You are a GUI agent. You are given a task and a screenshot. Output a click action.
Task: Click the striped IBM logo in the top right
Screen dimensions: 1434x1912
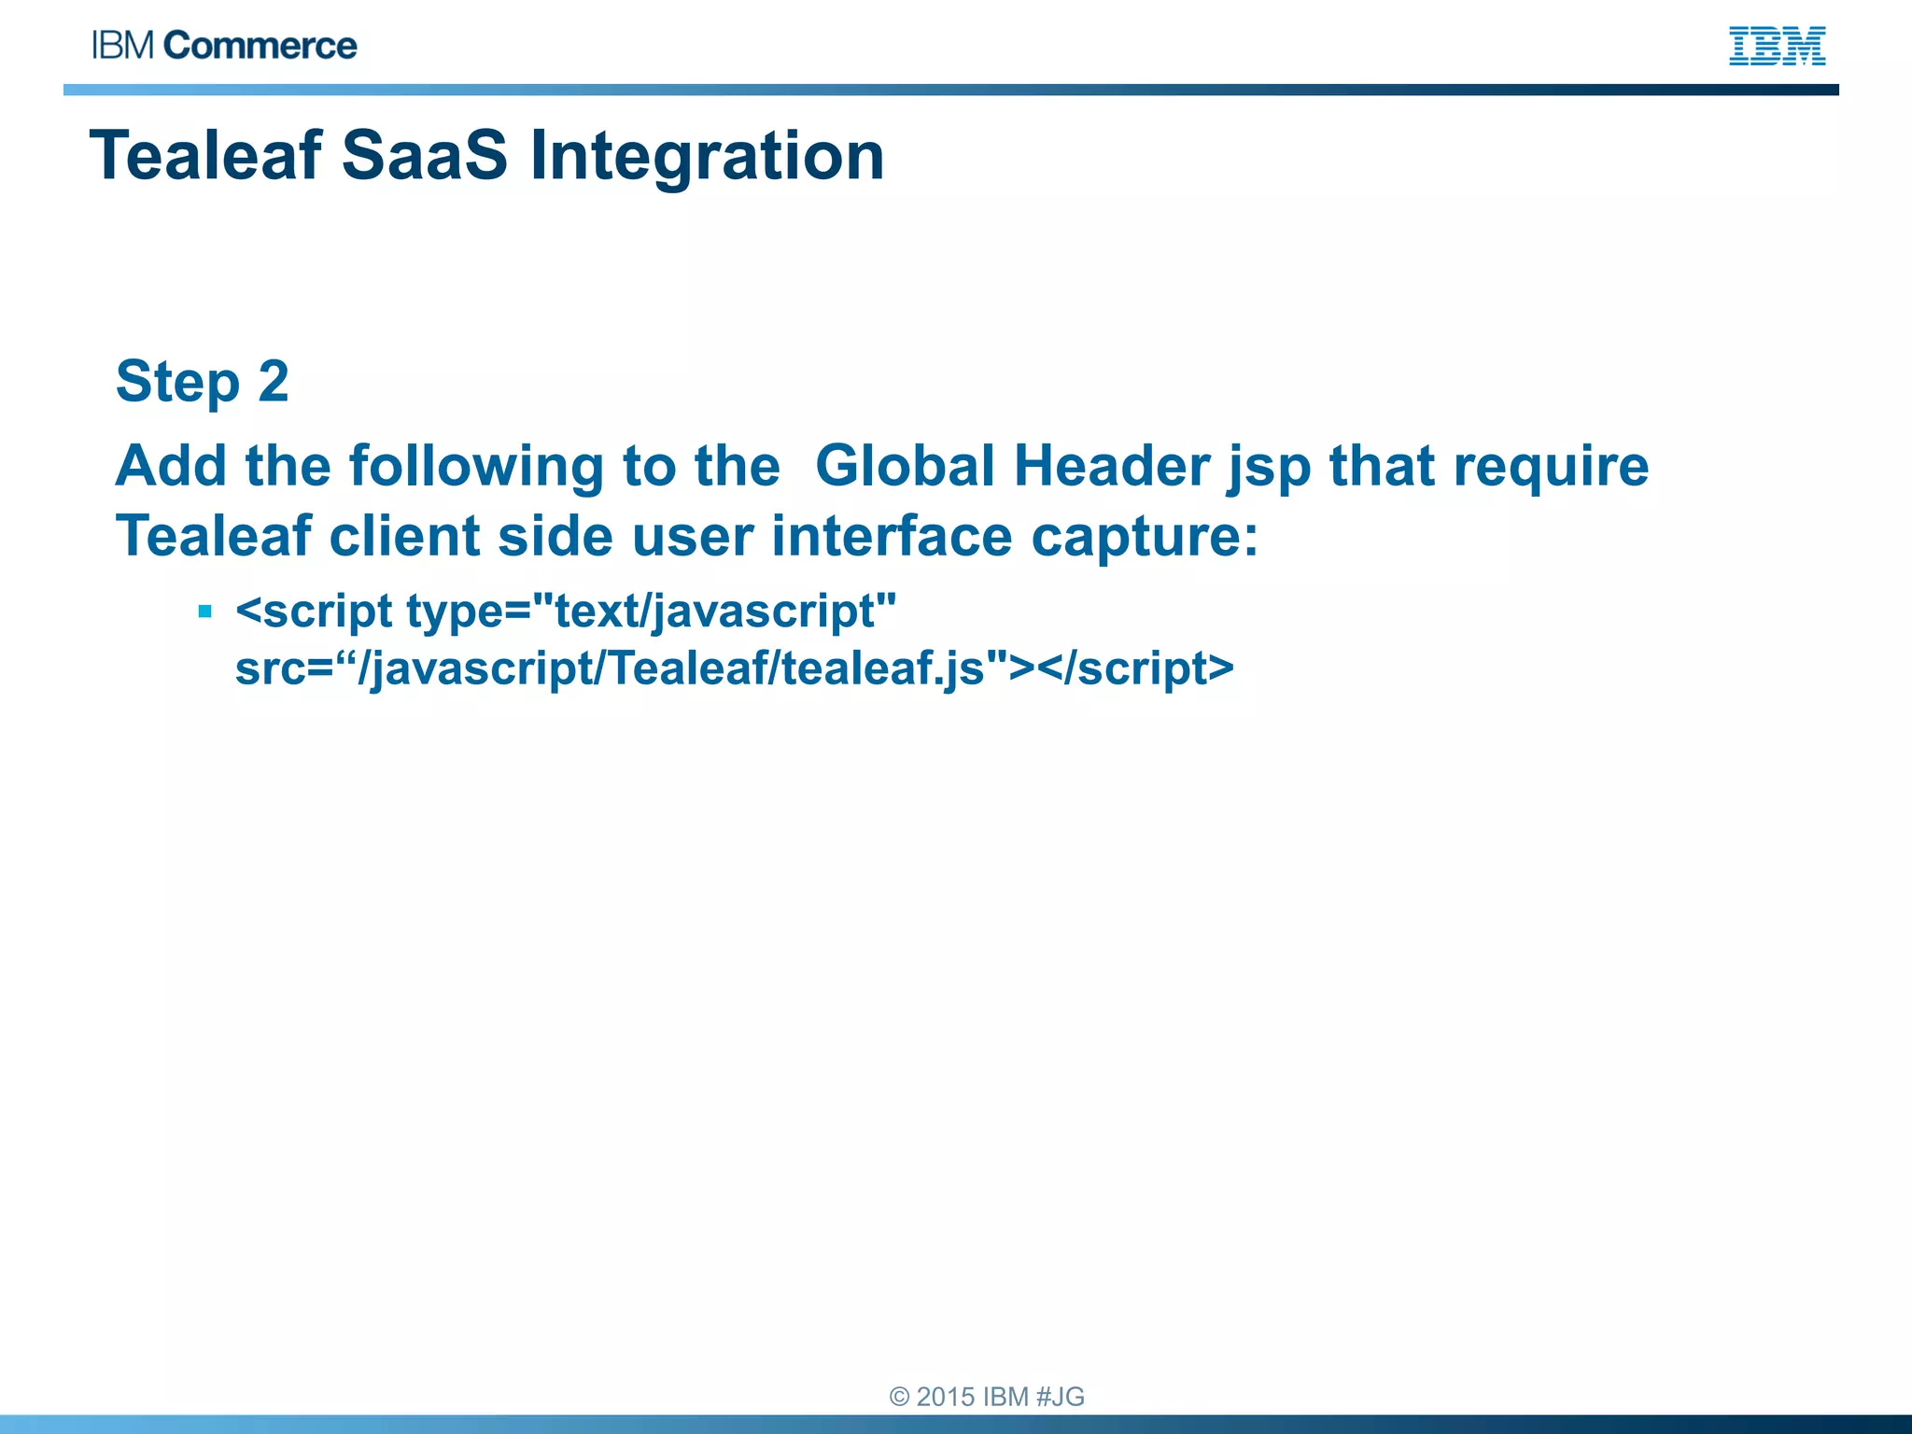tap(1777, 46)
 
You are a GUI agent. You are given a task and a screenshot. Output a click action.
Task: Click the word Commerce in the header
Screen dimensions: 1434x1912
tap(260, 46)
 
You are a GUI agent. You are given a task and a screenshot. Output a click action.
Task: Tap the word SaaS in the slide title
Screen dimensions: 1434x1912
tap(425, 155)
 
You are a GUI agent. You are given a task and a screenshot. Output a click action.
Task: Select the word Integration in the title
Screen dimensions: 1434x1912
tap(707, 155)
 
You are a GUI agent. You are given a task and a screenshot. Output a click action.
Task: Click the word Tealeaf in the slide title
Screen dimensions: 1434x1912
tap(205, 155)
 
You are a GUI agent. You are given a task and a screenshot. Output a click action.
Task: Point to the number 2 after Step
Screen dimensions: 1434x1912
tap(273, 382)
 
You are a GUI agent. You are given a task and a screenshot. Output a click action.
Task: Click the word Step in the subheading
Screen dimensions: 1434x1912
tap(177, 382)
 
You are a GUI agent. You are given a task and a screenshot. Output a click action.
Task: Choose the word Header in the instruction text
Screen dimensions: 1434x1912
tap(1112, 466)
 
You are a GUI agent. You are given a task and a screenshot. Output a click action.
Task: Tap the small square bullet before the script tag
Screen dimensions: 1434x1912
tap(205, 612)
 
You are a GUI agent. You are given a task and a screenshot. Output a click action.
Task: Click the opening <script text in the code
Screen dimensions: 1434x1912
tap(314, 612)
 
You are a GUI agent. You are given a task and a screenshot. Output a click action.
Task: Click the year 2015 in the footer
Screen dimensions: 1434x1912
tap(945, 1397)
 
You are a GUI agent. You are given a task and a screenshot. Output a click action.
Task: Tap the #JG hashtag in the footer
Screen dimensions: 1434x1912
tap(1060, 1397)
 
